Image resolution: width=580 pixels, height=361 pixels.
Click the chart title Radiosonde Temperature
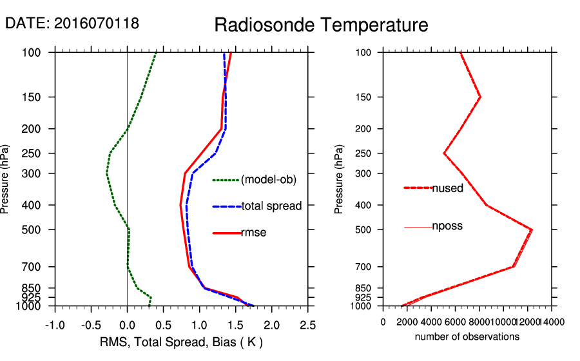pyautogui.click(x=321, y=25)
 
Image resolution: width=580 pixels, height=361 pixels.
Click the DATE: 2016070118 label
pyautogui.click(x=72, y=24)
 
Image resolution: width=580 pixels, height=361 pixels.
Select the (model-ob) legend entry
pyautogui.click(x=268, y=180)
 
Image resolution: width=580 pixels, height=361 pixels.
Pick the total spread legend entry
pyautogui.click(x=271, y=206)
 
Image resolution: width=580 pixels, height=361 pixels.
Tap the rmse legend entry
pyautogui.click(x=253, y=233)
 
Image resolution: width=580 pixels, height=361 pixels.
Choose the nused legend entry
pyautogui.click(x=447, y=188)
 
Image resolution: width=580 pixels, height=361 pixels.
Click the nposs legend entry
pyautogui.click(x=447, y=226)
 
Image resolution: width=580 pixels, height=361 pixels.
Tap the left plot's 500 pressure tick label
pyautogui.click(x=37, y=229)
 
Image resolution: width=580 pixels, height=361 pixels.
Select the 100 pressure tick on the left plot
pyautogui.click(x=37, y=52)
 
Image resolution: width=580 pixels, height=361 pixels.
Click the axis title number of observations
pyautogui.click(x=467, y=337)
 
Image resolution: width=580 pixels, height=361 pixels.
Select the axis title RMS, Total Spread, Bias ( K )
pyautogui.click(x=180, y=342)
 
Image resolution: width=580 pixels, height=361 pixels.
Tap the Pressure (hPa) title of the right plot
pyautogui.click(x=339, y=179)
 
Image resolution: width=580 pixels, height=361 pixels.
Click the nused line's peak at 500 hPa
pyautogui.click(x=532, y=229)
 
